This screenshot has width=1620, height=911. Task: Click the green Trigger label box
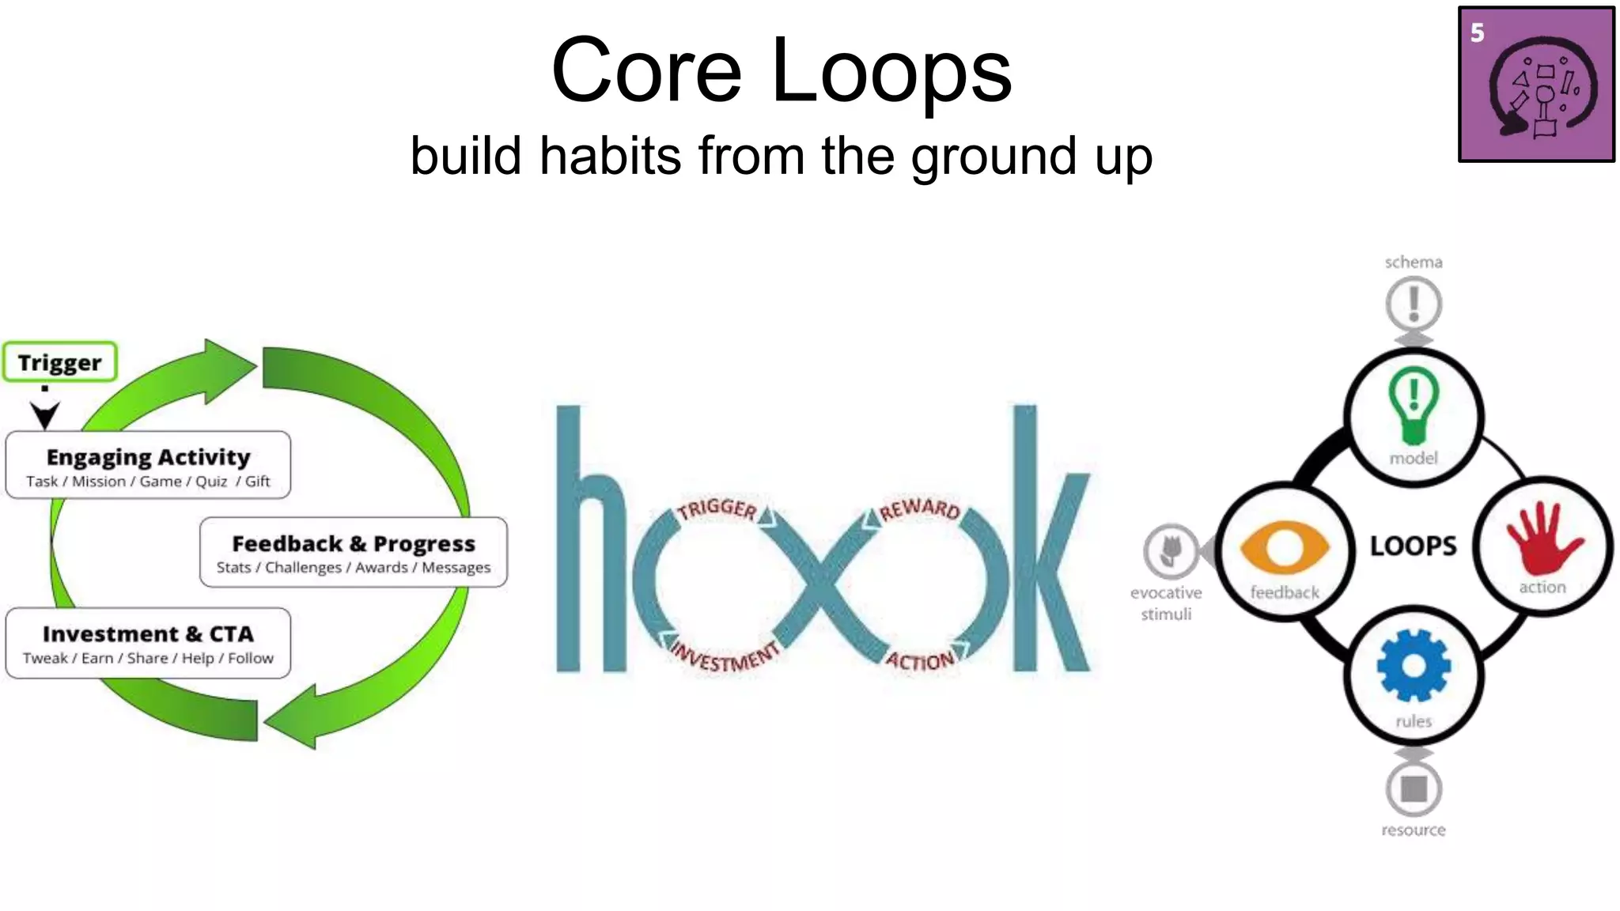(60, 362)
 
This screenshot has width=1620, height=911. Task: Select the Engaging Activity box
(148, 465)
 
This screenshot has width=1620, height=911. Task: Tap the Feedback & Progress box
(354, 552)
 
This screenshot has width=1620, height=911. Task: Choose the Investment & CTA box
(148, 643)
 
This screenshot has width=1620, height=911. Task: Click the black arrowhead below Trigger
(45, 414)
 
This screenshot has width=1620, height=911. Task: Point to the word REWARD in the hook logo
(920, 508)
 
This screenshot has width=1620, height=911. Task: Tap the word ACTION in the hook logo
(920, 660)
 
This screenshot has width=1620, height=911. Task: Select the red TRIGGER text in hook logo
(717, 508)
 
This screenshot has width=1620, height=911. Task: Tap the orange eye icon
(1285, 547)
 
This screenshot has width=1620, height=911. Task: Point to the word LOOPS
(1414, 546)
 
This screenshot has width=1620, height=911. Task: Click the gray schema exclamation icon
(1414, 304)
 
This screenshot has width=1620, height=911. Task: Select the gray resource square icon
(1414, 788)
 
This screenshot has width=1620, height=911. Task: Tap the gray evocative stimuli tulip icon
(1170, 550)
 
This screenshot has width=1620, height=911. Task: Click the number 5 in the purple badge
(1477, 33)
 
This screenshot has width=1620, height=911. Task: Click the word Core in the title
(646, 70)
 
